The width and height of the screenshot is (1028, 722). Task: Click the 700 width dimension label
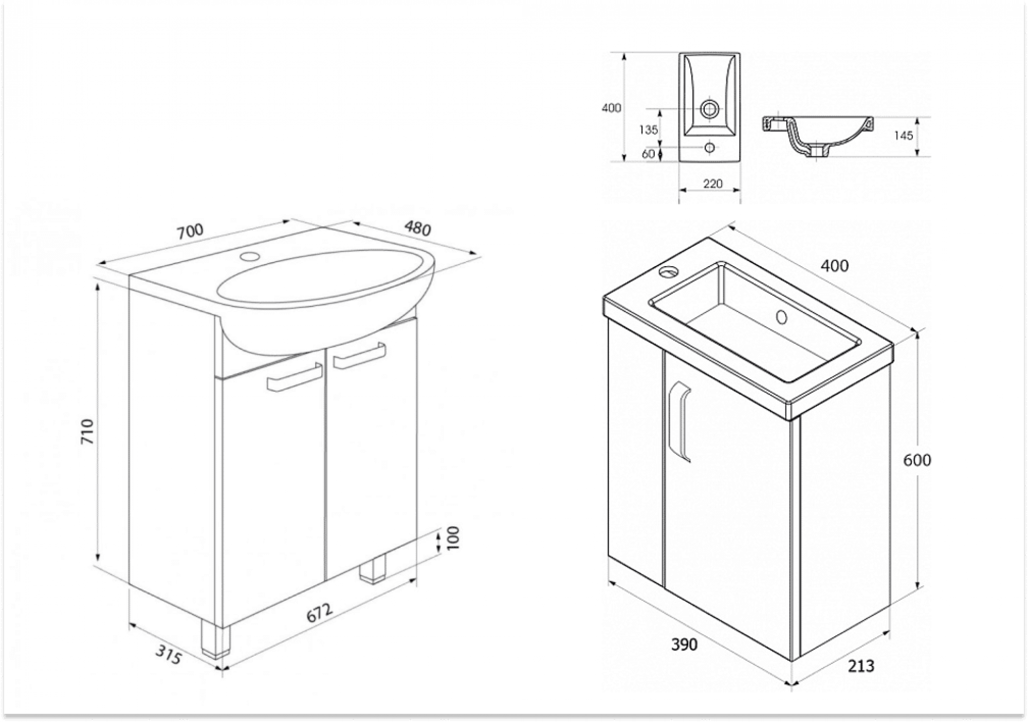click(x=190, y=231)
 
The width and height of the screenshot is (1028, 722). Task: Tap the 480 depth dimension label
click(x=417, y=228)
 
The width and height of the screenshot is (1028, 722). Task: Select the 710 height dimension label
click(x=88, y=432)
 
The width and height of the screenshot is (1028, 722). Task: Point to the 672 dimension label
click(x=320, y=612)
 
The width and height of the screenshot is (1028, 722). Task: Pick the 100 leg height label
click(x=453, y=538)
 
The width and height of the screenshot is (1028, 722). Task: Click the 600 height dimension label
click(x=917, y=460)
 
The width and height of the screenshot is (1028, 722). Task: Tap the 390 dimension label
click(x=684, y=644)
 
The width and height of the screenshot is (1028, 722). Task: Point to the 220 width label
click(x=712, y=183)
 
